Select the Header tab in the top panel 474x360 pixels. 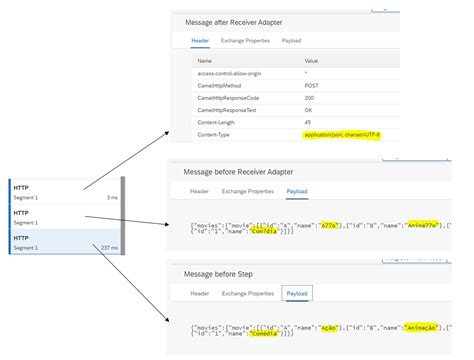pyautogui.click(x=200, y=41)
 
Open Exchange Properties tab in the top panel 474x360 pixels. pyautogui.click(x=247, y=41)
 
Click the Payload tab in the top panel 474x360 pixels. pyautogui.click(x=293, y=41)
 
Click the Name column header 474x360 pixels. pyautogui.click(x=208, y=60)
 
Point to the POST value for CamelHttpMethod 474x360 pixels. pyautogui.click(x=312, y=86)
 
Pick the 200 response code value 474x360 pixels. pyautogui.click(x=309, y=98)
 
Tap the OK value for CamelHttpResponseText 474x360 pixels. pyautogui.click(x=308, y=110)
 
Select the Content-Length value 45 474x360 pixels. pyautogui.click(x=308, y=122)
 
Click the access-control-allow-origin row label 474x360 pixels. pyautogui.click(x=229, y=74)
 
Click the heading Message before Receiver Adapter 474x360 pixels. pyautogui.click(x=237, y=171)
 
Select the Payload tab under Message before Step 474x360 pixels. pyautogui.click(x=296, y=293)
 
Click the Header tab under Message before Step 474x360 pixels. pyautogui.click(x=199, y=293)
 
